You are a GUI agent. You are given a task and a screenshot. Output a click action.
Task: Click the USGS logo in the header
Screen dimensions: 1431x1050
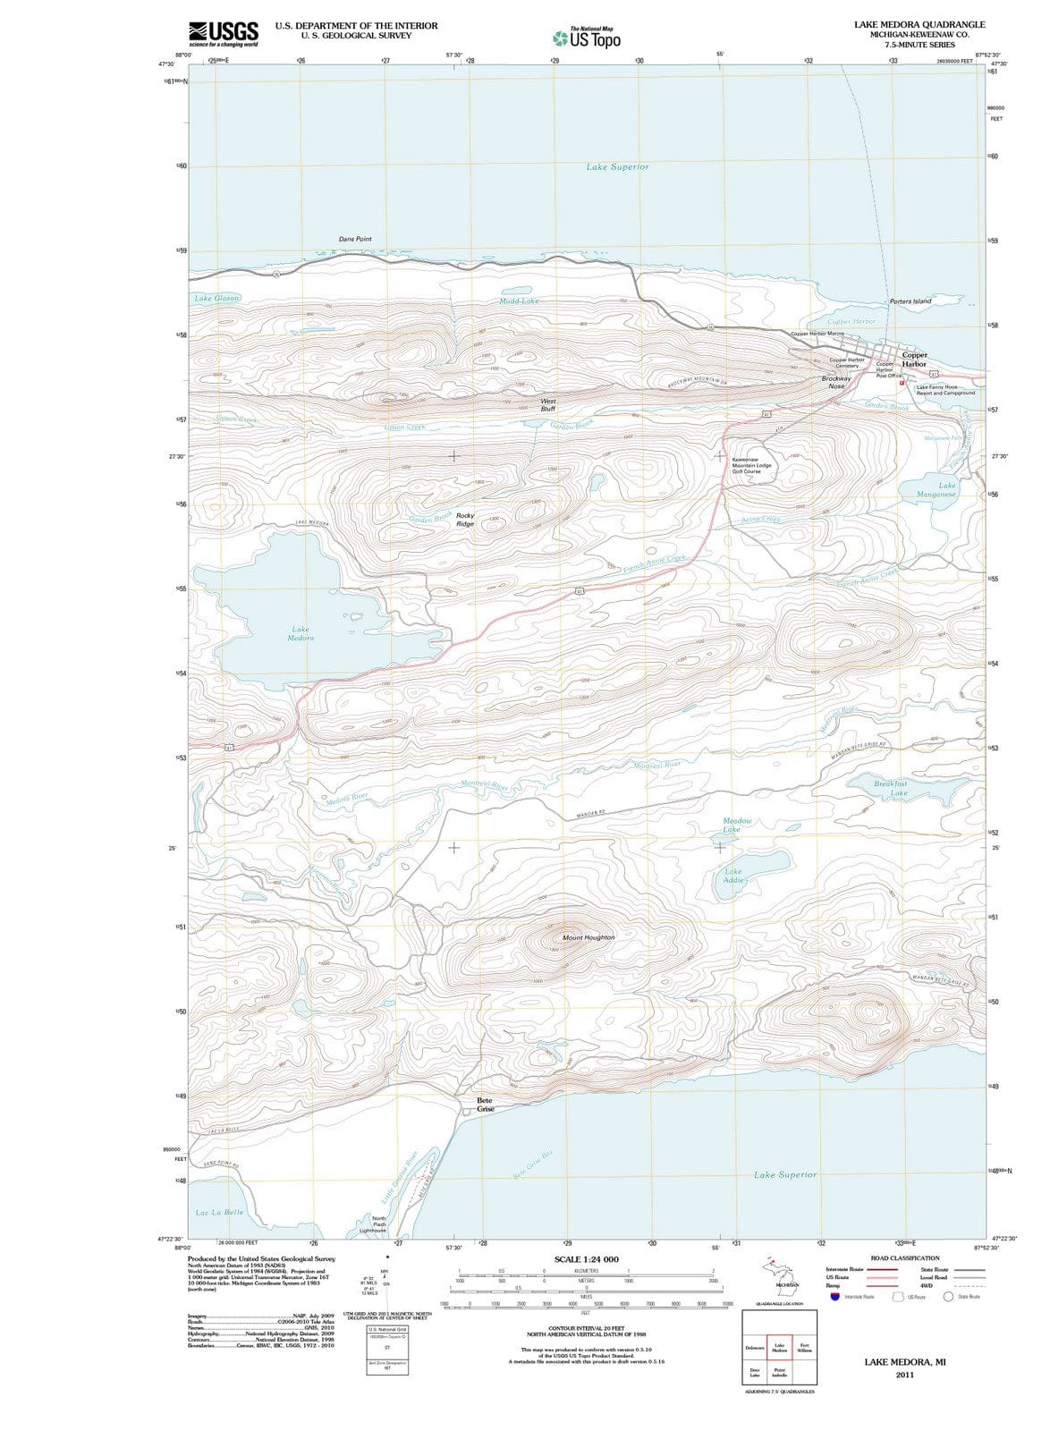pyautogui.click(x=224, y=34)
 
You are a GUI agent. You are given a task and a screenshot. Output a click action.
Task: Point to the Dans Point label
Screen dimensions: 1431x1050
pyautogui.click(x=355, y=240)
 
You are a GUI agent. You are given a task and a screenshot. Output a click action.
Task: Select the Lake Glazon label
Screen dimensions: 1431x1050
pyautogui.click(x=216, y=298)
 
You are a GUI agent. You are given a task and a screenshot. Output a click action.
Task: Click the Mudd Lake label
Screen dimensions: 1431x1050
pyautogui.click(x=519, y=301)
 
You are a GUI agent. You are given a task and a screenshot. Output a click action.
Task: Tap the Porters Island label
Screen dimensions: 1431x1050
pyautogui.click(x=910, y=301)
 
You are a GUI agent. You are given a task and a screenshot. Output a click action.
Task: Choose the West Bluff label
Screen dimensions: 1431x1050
pyautogui.click(x=548, y=405)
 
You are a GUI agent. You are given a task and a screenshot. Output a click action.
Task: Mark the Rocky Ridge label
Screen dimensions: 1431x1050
pyautogui.click(x=465, y=520)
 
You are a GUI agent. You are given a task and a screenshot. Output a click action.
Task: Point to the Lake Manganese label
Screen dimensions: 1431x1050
pyautogui.click(x=936, y=490)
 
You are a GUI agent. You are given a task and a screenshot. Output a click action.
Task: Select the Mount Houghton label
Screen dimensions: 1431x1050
pyautogui.click(x=589, y=937)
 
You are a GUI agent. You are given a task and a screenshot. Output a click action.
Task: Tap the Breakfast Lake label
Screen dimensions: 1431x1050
pyautogui.click(x=891, y=788)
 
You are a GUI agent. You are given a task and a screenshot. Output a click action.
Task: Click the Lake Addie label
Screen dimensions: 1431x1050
pyautogui.click(x=733, y=876)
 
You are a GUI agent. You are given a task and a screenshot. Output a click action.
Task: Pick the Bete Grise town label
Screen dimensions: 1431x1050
pyautogui.click(x=485, y=1105)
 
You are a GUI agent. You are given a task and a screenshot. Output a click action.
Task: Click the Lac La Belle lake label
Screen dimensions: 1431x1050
pyautogui.click(x=219, y=1213)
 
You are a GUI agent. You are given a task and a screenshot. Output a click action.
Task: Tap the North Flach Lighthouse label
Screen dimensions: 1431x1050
pyautogui.click(x=379, y=1224)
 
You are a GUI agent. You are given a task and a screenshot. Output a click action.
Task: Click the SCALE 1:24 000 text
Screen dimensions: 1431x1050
pyautogui.click(x=586, y=1259)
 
